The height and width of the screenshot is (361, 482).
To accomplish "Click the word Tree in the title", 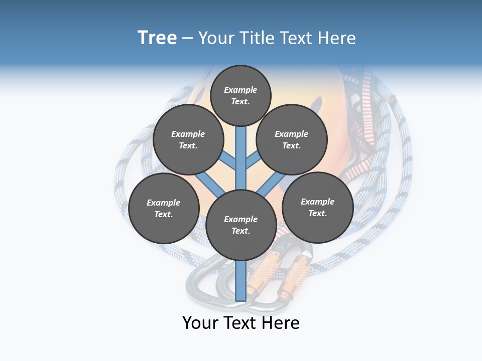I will click(x=157, y=38).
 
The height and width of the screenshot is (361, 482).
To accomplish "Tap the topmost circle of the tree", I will click(x=240, y=95).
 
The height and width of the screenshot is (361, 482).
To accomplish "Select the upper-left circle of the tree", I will click(x=188, y=140).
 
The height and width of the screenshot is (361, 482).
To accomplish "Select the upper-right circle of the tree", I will click(x=291, y=140).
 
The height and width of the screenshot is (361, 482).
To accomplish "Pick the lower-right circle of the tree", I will click(x=317, y=208).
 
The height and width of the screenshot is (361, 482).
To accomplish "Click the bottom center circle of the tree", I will click(x=240, y=225).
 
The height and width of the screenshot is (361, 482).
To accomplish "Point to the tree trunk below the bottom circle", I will click(x=240, y=281).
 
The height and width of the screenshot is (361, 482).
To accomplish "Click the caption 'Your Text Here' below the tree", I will click(x=240, y=323).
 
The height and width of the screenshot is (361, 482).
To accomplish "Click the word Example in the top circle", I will click(x=240, y=90).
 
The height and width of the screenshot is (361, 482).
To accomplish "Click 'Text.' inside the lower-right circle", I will click(x=317, y=213).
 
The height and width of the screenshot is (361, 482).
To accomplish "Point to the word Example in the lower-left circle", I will click(x=164, y=203).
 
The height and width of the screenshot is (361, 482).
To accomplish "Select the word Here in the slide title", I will click(x=337, y=38).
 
